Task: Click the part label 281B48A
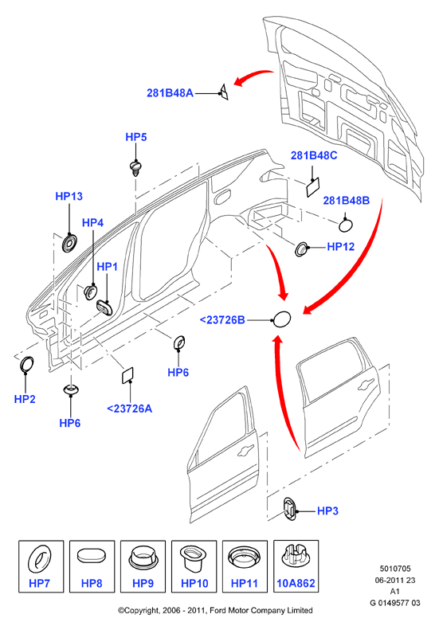pyautogui.click(x=170, y=93)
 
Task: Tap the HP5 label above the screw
pyautogui.click(x=136, y=137)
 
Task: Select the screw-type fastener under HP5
pyautogui.click(x=136, y=168)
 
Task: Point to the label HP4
pyautogui.click(x=92, y=222)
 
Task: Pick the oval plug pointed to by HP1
pyautogui.click(x=104, y=307)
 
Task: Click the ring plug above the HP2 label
pyautogui.click(x=27, y=365)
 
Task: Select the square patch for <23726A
pyautogui.click(x=127, y=375)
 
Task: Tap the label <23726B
pyautogui.click(x=222, y=320)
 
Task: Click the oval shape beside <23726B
pyautogui.click(x=281, y=319)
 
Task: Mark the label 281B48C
pyautogui.click(x=314, y=155)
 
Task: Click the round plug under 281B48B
pyautogui.click(x=346, y=225)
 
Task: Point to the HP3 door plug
pyautogui.click(x=289, y=509)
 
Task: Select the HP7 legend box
pyautogui.click(x=41, y=566)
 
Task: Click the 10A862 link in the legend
pyautogui.click(x=296, y=583)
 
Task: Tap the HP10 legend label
pyautogui.click(x=194, y=583)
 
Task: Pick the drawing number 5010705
pyautogui.click(x=395, y=569)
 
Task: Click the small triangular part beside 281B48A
pyautogui.click(x=224, y=92)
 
